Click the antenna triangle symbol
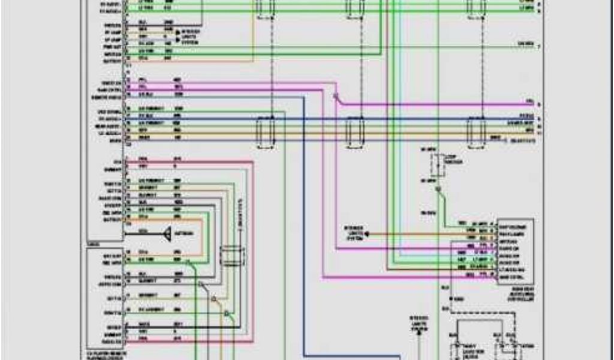point(169,232)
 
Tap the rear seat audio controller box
point(514,250)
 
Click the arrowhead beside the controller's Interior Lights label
point(369,233)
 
